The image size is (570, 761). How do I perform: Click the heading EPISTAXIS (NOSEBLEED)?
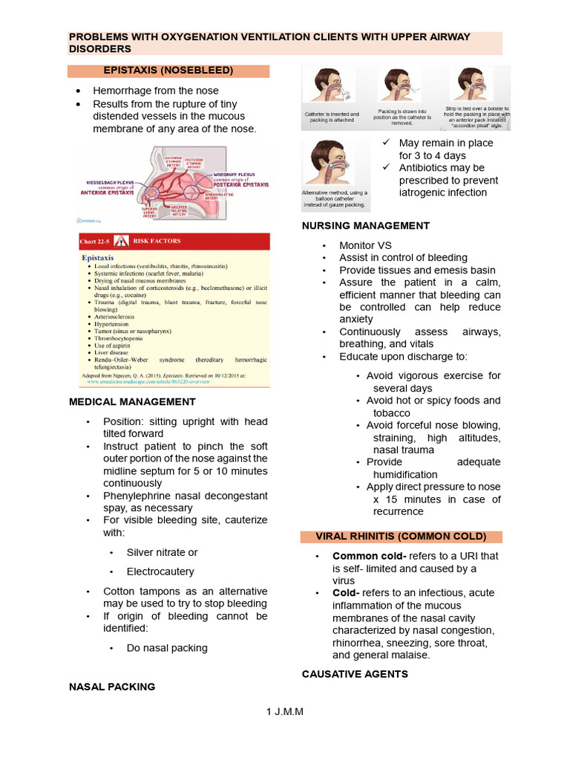168,71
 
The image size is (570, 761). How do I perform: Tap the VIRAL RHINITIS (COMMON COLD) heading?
402,537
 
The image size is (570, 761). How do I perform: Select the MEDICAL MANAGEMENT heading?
132,401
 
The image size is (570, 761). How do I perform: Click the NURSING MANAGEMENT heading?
366,225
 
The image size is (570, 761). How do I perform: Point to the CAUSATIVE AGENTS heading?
355,673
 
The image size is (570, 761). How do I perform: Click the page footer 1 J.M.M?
285,711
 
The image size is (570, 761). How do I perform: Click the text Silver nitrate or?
163,552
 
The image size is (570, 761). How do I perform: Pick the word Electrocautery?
160,571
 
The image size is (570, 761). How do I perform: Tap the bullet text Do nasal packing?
167,647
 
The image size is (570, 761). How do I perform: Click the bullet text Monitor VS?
365,245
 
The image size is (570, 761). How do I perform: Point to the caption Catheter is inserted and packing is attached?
332,118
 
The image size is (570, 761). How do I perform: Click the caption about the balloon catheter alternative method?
334,198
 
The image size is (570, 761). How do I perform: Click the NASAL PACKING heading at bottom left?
112,687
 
